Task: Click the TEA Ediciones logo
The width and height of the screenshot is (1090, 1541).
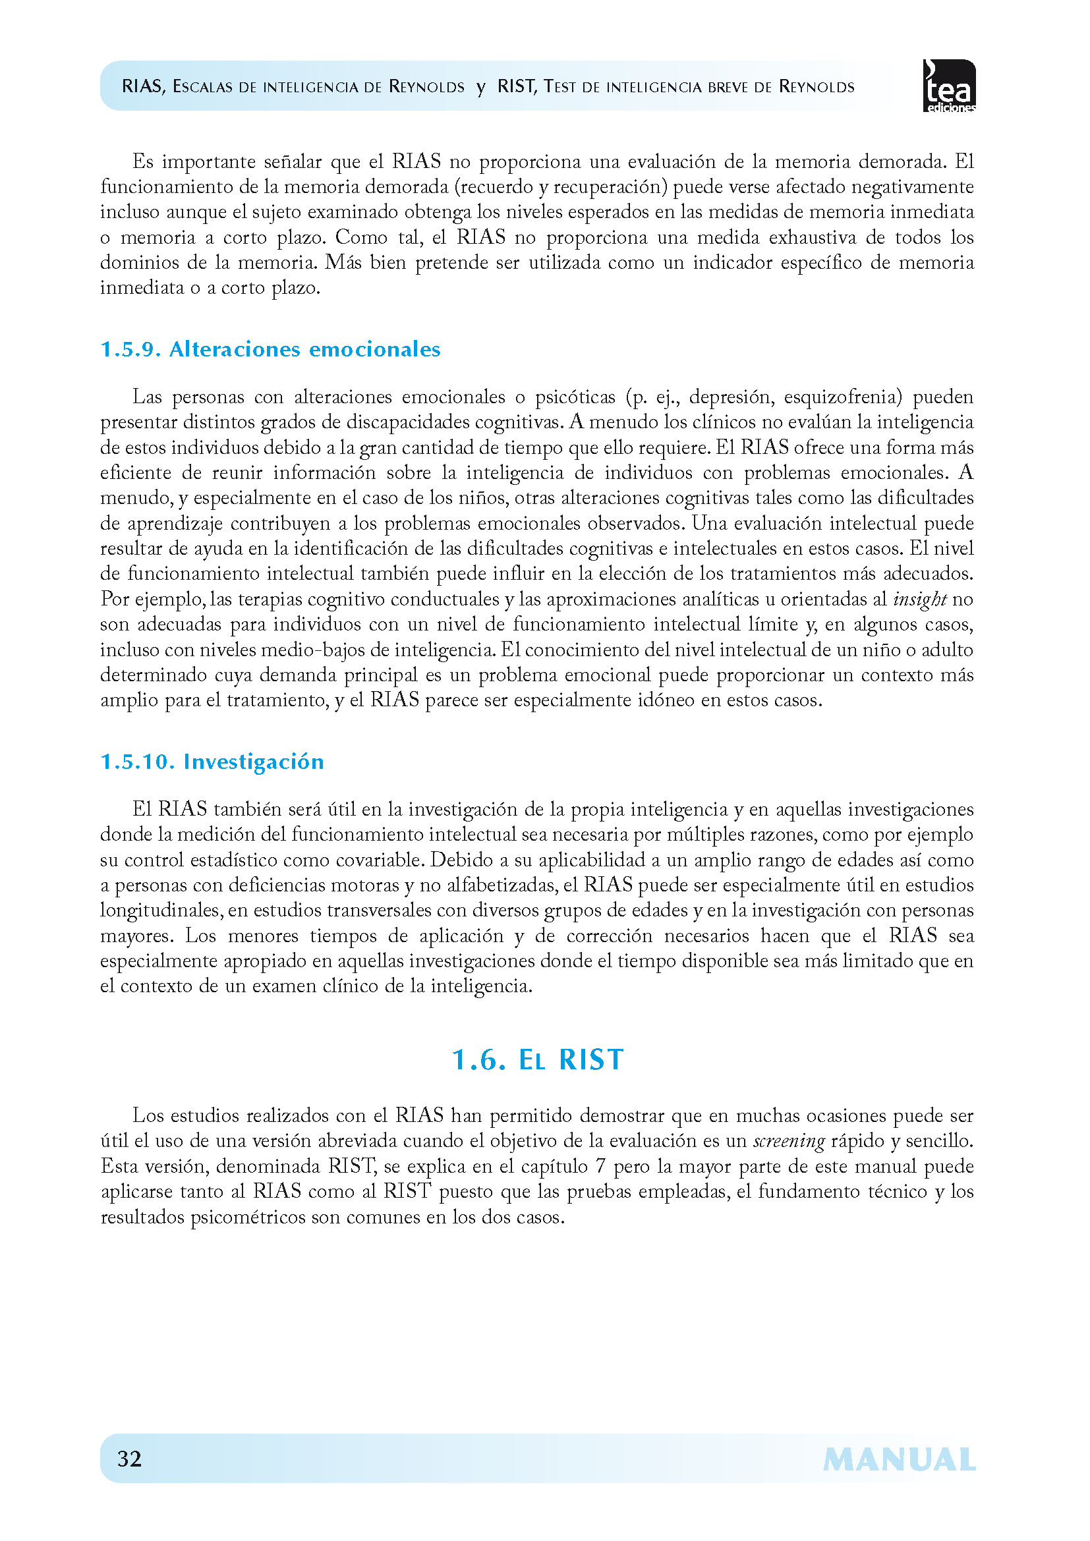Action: [949, 85]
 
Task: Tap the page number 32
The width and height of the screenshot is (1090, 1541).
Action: [130, 1459]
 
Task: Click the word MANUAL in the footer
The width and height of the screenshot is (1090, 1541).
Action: [899, 1460]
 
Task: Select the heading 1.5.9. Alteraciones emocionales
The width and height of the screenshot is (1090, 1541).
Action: [270, 349]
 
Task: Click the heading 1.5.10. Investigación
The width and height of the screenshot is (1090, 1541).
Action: [212, 762]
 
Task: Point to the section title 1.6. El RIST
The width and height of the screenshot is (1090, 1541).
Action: [538, 1060]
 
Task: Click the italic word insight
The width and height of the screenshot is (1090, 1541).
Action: [919, 599]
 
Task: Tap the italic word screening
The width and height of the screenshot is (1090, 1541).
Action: [789, 1141]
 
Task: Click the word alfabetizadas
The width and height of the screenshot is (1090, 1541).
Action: [502, 885]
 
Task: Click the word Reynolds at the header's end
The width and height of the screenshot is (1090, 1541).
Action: [816, 86]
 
